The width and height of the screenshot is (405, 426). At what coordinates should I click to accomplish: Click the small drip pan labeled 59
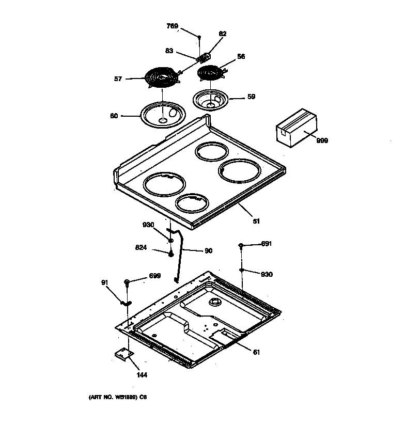(x=211, y=100)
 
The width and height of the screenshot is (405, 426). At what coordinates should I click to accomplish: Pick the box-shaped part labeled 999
(x=295, y=129)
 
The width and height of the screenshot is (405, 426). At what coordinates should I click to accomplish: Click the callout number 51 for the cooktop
(x=256, y=221)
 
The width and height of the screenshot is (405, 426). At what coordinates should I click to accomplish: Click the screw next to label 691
(x=241, y=245)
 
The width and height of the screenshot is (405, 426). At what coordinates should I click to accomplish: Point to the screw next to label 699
(x=127, y=282)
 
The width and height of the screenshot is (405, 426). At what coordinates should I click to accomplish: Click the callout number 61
(x=256, y=352)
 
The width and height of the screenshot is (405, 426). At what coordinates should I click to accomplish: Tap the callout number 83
(x=169, y=51)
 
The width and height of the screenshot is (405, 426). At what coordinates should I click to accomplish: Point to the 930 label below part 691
(x=267, y=274)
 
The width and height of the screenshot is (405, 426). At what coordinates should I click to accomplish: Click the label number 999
(x=322, y=140)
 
